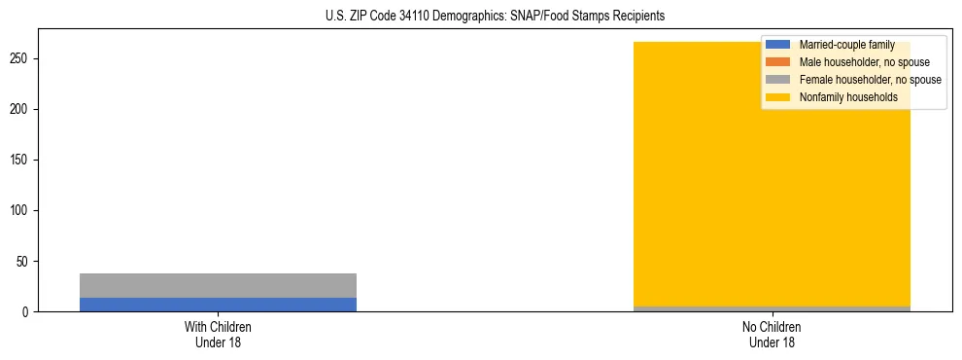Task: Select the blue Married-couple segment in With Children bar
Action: point(218,305)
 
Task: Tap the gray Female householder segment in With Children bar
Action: point(218,285)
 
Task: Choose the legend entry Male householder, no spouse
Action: point(856,62)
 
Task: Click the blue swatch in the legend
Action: point(778,45)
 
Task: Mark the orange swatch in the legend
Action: point(778,62)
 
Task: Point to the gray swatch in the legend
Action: point(778,80)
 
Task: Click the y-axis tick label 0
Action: point(27,312)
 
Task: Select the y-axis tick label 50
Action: point(24,262)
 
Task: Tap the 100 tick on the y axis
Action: point(21,211)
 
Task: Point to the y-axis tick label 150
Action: point(21,161)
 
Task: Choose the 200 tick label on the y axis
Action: point(21,110)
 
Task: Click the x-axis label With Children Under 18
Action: point(218,335)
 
